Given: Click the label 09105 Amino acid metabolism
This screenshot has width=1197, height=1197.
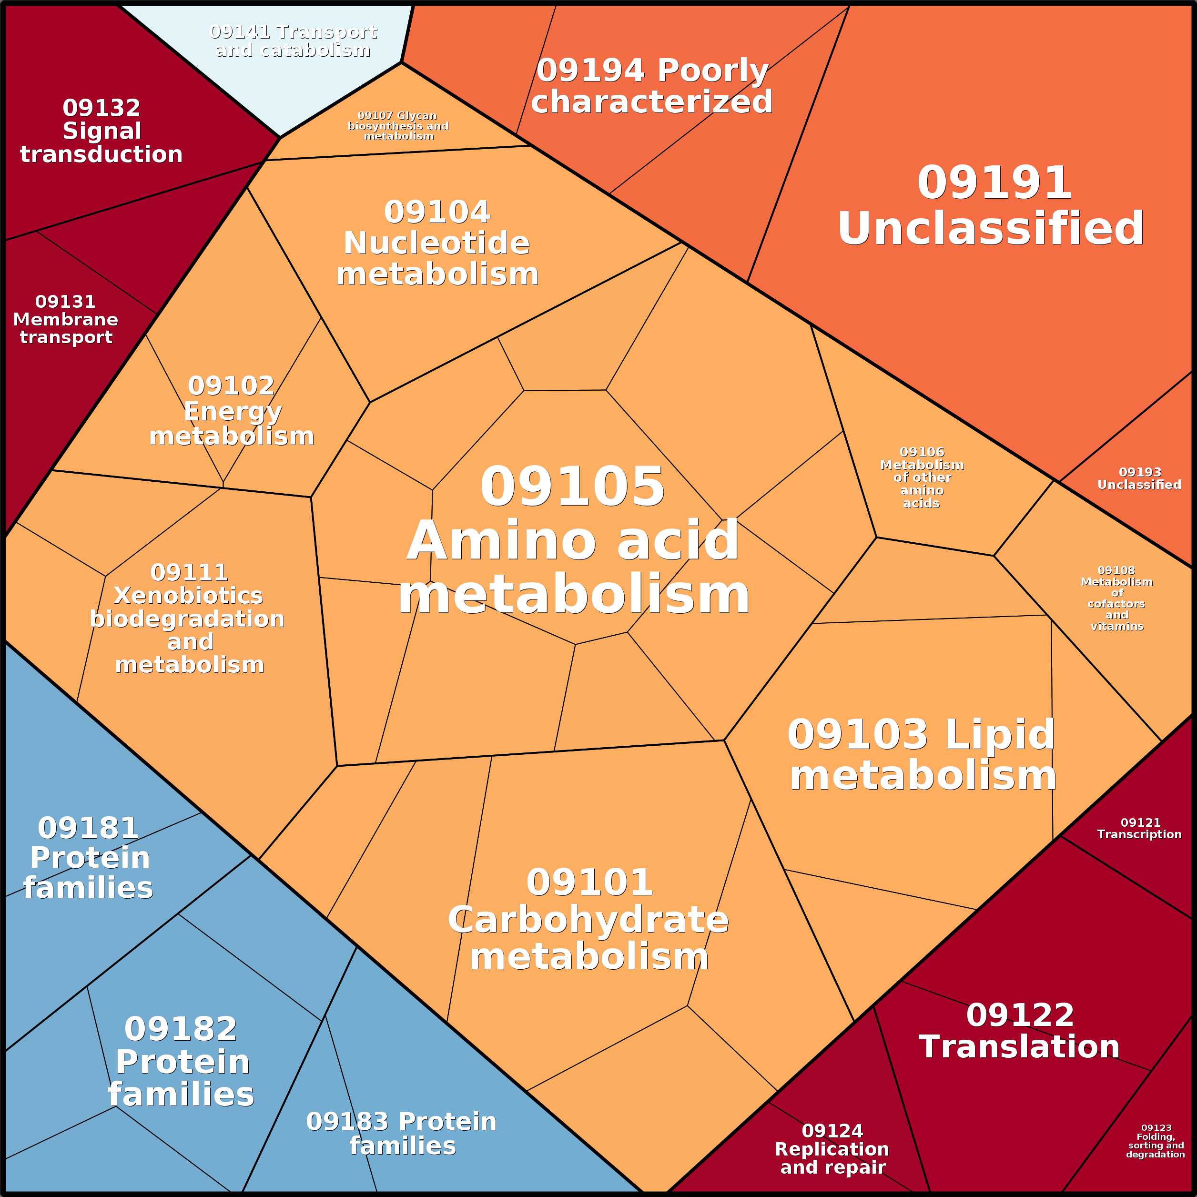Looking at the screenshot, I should (x=573, y=540).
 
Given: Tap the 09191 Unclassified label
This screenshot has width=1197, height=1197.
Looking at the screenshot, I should (x=991, y=206).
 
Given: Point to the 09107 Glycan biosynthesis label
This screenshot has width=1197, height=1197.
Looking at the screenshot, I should (x=398, y=126).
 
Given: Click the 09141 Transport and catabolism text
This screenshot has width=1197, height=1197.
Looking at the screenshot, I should (x=293, y=41).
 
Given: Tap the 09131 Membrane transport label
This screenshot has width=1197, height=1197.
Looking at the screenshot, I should (x=66, y=319).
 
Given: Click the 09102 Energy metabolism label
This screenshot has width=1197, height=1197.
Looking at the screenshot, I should (x=232, y=411).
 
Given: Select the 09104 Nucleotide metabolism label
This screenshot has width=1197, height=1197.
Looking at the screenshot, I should (x=437, y=243).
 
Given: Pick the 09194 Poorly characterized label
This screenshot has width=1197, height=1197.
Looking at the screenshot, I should (x=652, y=86).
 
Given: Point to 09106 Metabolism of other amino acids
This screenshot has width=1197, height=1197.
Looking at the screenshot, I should (x=922, y=477).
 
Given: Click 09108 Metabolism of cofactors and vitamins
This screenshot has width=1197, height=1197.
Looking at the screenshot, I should (x=1116, y=598).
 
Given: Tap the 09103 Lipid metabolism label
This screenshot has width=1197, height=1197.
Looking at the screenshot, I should (x=923, y=755).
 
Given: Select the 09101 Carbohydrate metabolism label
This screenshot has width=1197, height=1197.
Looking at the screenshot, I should (x=588, y=920).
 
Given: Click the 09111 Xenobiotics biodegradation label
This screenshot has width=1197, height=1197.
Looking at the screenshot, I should (x=188, y=619).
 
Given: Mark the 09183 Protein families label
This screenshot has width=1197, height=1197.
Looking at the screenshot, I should (x=402, y=1133).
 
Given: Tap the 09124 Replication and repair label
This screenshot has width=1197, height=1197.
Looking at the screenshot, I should (x=832, y=1149).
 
